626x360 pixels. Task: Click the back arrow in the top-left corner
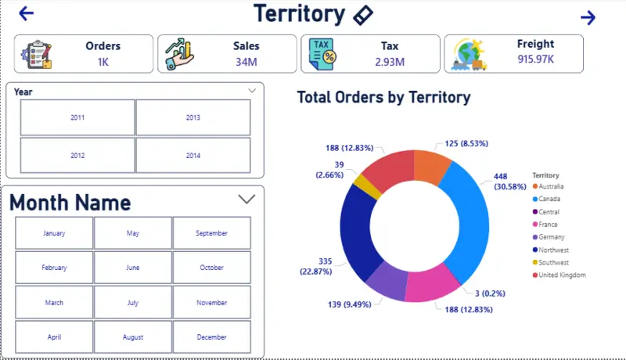tap(27, 13)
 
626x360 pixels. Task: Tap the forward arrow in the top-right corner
tap(588, 17)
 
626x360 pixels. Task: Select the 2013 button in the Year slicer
tap(193, 117)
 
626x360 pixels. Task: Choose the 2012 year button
tap(77, 156)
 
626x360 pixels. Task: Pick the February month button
tap(54, 268)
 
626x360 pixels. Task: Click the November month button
tap(211, 302)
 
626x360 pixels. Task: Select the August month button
tap(133, 337)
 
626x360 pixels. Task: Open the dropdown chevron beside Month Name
tap(246, 200)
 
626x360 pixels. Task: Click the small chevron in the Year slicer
tap(252, 91)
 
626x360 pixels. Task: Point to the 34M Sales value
tap(246, 62)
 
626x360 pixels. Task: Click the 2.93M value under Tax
tap(389, 62)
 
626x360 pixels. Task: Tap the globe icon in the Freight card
tap(469, 54)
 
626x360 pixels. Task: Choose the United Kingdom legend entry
tap(563, 275)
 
